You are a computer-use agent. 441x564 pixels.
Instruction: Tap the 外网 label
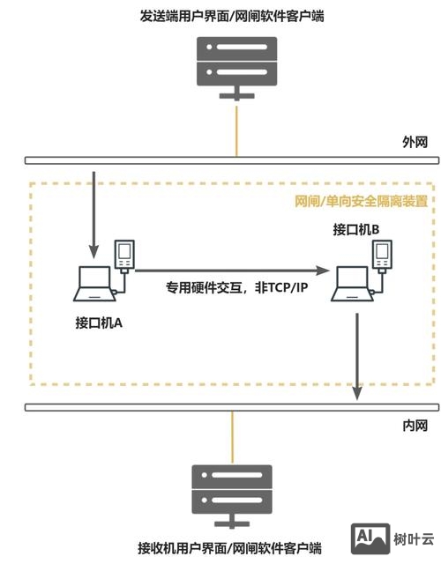[415, 142]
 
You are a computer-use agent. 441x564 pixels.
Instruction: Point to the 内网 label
[415, 426]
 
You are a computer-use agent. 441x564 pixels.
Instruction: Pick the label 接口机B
[355, 230]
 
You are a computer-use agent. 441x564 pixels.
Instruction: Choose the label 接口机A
[98, 323]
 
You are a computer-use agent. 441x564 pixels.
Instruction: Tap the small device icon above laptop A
[125, 254]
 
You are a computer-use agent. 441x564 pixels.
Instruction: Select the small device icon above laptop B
[382, 255]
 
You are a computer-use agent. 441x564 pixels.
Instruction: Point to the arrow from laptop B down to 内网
[356, 352]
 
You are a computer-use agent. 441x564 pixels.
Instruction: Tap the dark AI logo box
[371, 538]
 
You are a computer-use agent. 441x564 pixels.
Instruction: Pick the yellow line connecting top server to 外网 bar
[234, 129]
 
